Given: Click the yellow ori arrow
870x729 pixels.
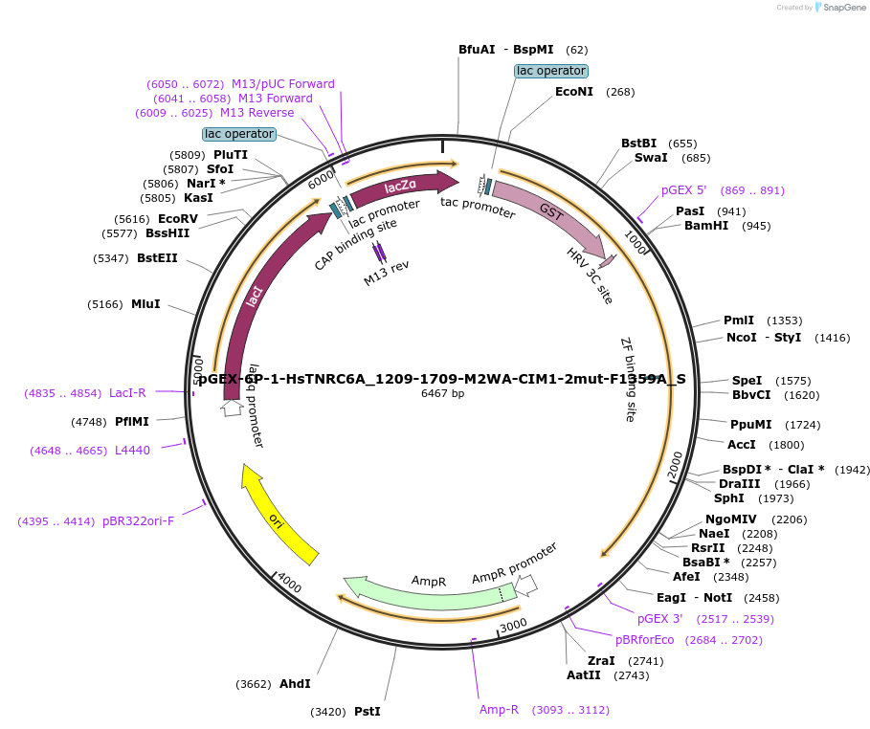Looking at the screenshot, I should pyautogui.click(x=279, y=514).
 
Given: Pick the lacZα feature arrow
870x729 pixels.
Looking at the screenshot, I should pyautogui.click(x=402, y=187).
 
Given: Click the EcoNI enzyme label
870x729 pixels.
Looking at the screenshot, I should pyautogui.click(x=574, y=92).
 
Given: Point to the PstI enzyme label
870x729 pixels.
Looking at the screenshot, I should pyautogui.click(x=368, y=711).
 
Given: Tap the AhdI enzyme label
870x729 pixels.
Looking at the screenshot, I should pyautogui.click(x=295, y=684).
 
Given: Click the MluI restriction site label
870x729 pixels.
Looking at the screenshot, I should pyautogui.click(x=145, y=304).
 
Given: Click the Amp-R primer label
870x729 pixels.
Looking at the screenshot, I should pyautogui.click(x=499, y=710).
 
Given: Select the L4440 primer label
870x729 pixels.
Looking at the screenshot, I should pyautogui.click(x=132, y=451).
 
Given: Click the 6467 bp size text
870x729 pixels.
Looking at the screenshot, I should pyautogui.click(x=442, y=393).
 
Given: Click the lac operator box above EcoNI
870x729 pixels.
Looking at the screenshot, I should pyautogui.click(x=550, y=71).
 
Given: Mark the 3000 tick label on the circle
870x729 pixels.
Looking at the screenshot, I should pyautogui.click(x=514, y=625).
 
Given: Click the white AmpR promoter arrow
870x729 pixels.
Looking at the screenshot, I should pyautogui.click(x=526, y=583).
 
